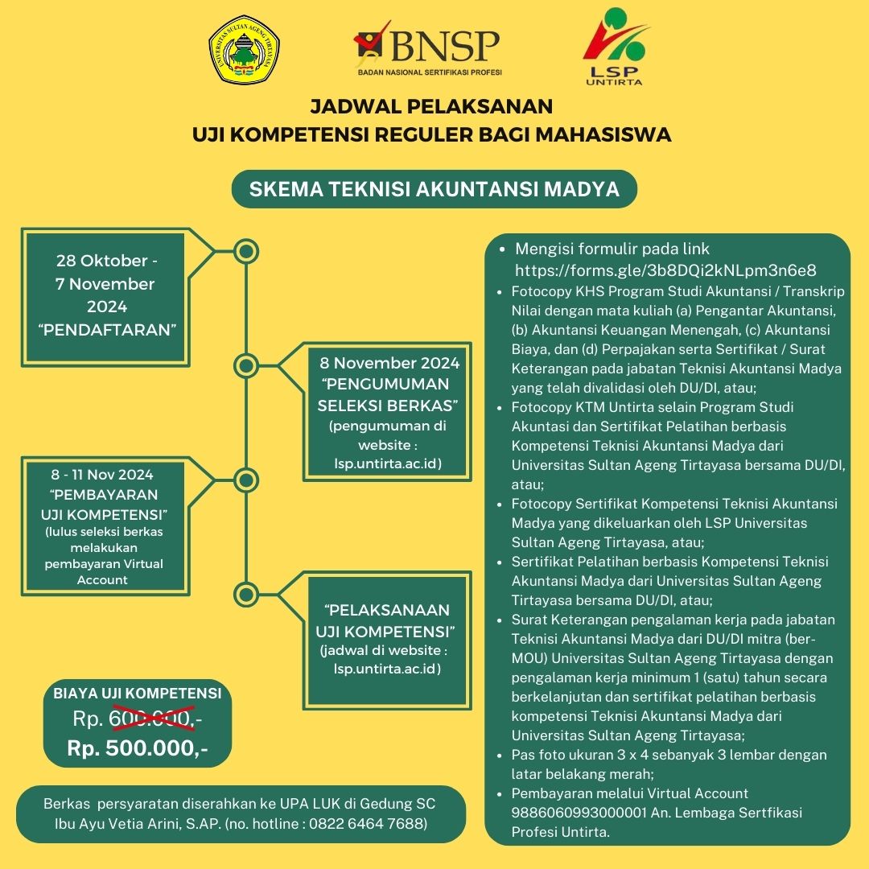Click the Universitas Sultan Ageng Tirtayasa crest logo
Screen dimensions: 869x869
pos(244,49)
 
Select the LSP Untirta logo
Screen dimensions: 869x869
pos(615,47)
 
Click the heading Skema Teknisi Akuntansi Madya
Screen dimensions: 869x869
pos(434,189)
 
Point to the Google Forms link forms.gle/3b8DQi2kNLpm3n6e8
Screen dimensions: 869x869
pos(665,270)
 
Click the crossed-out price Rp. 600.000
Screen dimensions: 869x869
pos(138,719)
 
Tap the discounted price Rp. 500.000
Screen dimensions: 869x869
pos(138,748)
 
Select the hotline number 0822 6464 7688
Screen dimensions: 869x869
pos(365,824)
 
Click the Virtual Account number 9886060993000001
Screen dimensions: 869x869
pos(579,813)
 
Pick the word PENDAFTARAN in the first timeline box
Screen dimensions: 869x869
pos(107,330)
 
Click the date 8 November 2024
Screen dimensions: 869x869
pos(389,363)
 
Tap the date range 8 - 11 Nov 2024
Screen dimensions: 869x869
pos(102,475)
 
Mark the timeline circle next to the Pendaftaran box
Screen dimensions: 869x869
pos(246,251)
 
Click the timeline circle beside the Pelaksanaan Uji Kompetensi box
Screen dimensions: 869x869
pos(246,594)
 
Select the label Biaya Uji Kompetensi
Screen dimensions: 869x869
pos(138,693)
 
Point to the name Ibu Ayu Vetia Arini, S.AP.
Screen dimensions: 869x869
pos(138,824)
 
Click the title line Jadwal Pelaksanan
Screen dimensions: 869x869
pos(431,106)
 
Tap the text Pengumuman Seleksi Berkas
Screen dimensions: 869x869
pos(387,394)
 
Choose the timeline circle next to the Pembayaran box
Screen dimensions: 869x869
pos(246,480)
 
